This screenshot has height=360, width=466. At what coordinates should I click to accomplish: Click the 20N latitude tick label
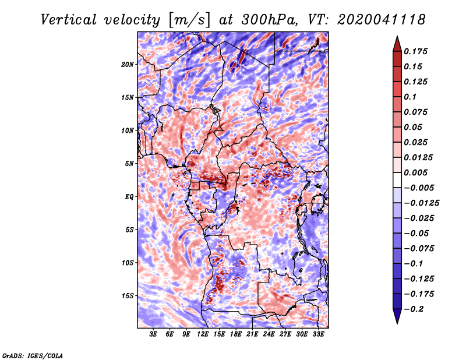point(128,64)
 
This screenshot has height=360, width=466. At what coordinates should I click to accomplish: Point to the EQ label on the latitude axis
point(129,196)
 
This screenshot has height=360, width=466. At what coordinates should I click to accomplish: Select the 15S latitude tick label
point(128,295)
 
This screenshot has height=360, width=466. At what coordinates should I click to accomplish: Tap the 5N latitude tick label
point(129,163)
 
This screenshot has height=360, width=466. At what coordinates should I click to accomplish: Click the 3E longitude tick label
point(154,334)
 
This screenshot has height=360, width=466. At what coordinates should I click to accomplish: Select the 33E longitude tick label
point(319,334)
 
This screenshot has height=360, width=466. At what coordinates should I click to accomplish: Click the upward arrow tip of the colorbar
point(396,38)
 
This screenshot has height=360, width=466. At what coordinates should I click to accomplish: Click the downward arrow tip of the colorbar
point(396,322)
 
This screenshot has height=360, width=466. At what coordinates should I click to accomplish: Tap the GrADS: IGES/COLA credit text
point(33,355)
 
